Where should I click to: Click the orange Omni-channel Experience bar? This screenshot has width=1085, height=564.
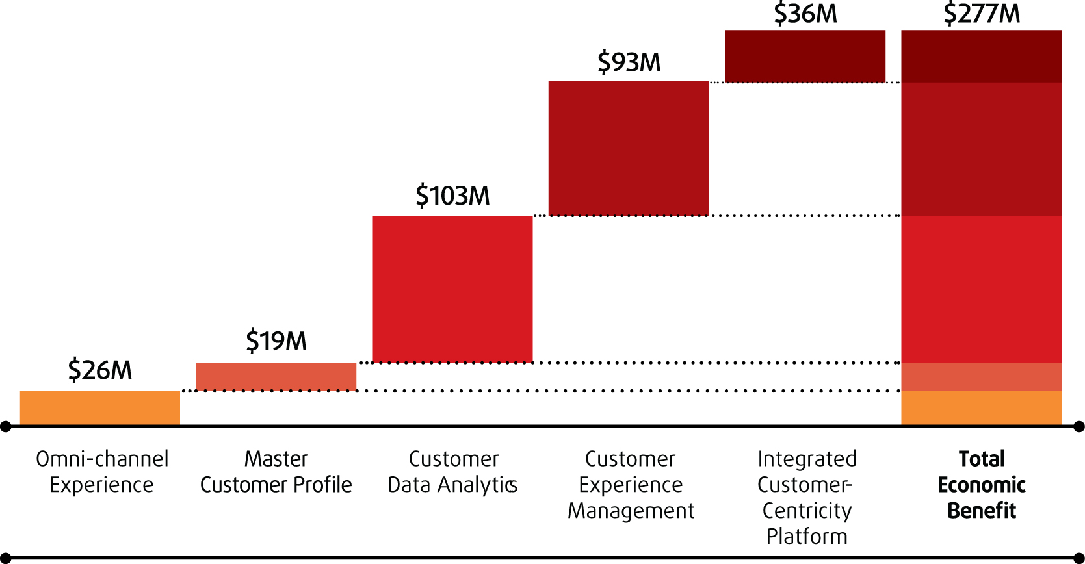99,407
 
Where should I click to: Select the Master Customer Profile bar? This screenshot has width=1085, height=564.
276,376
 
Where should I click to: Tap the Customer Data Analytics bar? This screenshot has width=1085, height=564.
452,288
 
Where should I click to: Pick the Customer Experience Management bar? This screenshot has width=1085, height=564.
629,148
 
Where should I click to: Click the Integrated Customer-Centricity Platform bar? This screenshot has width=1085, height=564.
805,56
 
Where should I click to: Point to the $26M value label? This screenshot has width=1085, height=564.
99,370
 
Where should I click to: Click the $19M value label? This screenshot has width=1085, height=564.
276,341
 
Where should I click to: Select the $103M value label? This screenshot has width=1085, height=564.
452,196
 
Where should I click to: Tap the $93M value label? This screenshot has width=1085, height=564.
629,62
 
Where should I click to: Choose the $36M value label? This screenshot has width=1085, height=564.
805,14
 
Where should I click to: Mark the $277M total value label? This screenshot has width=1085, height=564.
982,14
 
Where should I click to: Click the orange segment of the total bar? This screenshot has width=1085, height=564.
981,407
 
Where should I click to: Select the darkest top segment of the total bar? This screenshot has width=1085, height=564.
981,56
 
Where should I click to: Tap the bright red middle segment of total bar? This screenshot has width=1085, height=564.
981,288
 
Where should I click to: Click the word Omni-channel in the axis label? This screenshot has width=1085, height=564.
102,459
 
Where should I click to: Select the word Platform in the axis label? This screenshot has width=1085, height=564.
807,536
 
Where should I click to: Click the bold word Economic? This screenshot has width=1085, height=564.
982,485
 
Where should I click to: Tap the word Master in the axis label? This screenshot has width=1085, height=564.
276,459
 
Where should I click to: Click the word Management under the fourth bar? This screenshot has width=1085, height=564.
631,511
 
